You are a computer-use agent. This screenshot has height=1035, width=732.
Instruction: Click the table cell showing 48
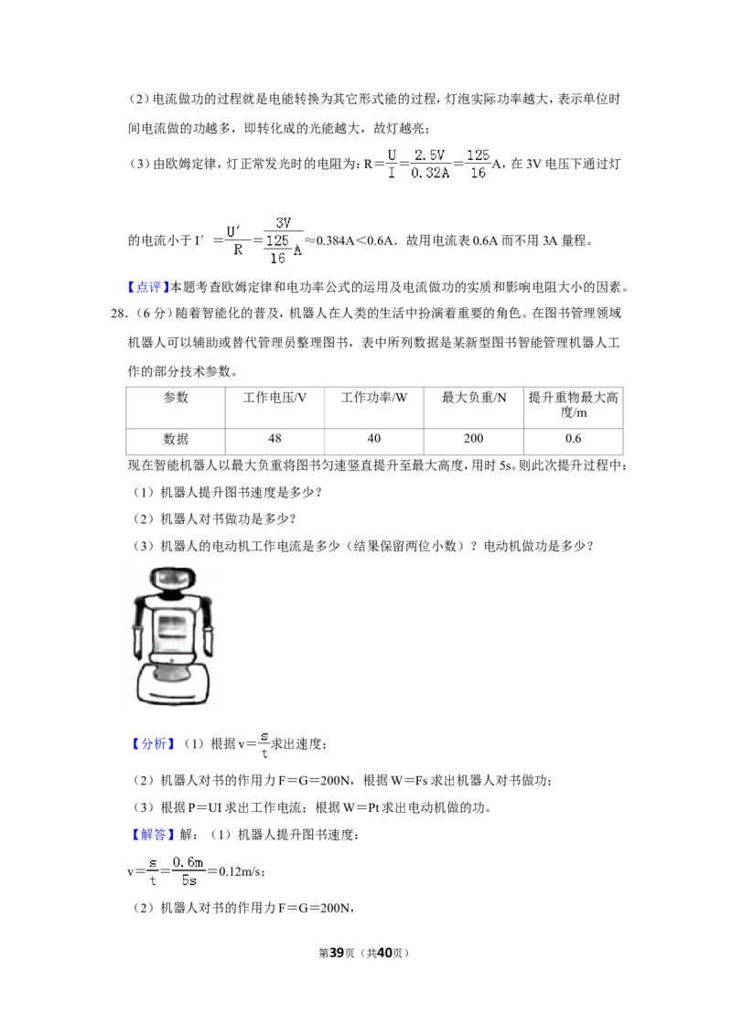click(274, 439)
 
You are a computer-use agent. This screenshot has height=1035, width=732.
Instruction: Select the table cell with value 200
click(474, 439)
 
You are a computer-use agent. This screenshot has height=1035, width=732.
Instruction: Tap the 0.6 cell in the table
click(574, 439)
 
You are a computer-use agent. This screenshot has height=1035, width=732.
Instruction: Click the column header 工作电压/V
click(274, 408)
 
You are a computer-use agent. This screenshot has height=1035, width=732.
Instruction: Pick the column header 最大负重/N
click(474, 408)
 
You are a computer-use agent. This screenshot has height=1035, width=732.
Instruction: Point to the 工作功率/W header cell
click(374, 408)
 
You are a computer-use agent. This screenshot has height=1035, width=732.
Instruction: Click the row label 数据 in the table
click(176, 439)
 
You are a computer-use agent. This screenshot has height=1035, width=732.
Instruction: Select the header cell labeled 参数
click(176, 408)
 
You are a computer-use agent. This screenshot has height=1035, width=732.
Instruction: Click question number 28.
click(119, 314)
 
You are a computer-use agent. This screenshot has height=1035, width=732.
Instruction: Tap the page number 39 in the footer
click(337, 953)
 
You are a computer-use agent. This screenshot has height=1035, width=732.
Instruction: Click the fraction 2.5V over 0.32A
click(429, 164)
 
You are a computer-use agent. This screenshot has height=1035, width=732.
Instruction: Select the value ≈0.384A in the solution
click(329, 240)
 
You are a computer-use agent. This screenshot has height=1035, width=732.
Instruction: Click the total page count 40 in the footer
click(384, 953)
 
